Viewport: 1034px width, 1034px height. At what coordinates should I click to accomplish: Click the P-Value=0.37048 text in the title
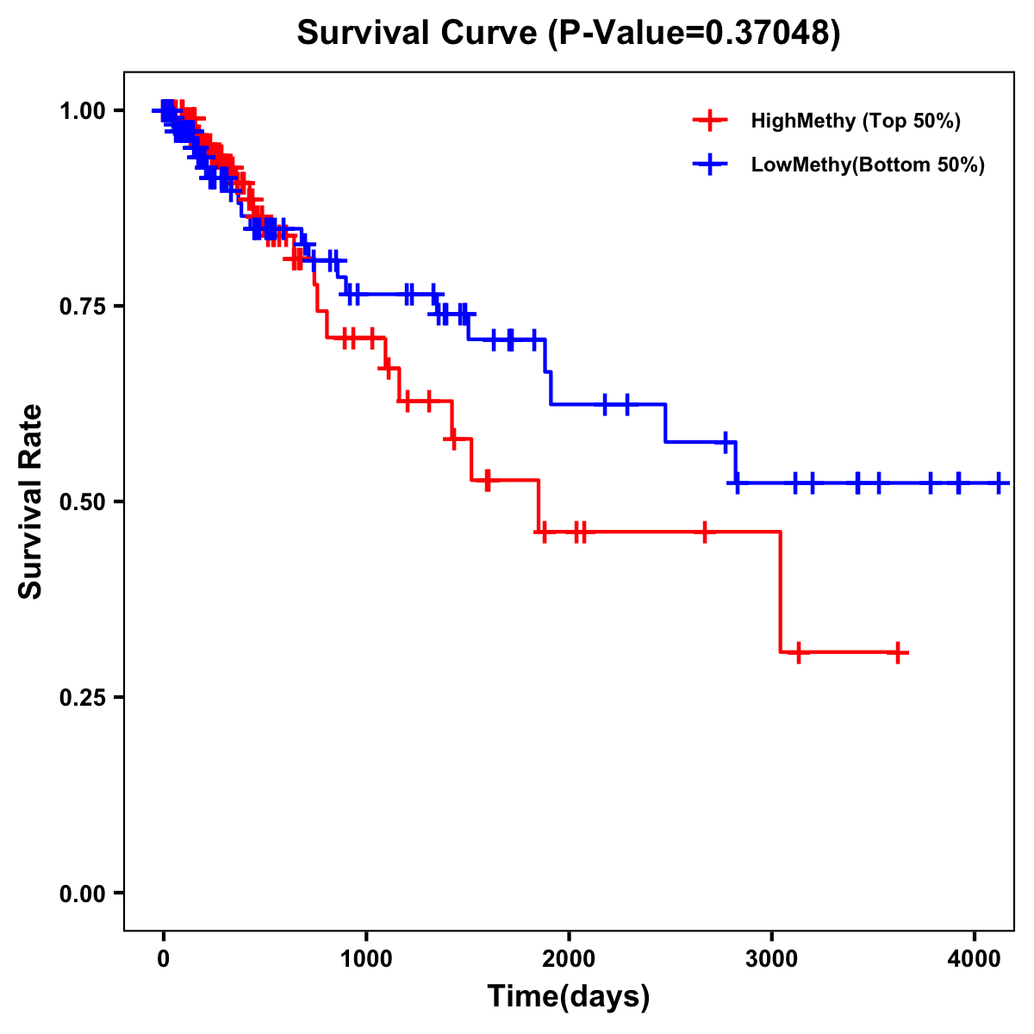pyautogui.click(x=696, y=34)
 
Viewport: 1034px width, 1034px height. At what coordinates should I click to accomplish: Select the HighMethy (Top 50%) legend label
pyautogui.click(x=855, y=121)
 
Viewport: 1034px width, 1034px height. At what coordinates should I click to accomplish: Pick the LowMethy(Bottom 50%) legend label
pyautogui.click(x=868, y=165)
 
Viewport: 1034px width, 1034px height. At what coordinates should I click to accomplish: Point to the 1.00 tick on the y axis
pyautogui.click(x=82, y=110)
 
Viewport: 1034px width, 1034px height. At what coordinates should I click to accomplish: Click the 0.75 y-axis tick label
pyautogui.click(x=82, y=306)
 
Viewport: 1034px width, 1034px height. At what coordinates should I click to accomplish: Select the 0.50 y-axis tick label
pyautogui.click(x=82, y=501)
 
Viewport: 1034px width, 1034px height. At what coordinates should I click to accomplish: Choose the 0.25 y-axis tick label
pyautogui.click(x=82, y=697)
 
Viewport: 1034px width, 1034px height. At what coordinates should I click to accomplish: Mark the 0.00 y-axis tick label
pyautogui.click(x=82, y=893)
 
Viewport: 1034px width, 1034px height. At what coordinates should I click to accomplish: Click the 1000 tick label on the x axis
pyautogui.click(x=366, y=957)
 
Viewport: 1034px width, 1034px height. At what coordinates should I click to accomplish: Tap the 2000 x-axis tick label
pyautogui.click(x=569, y=957)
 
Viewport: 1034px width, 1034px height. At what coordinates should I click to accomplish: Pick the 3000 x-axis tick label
pyautogui.click(x=771, y=957)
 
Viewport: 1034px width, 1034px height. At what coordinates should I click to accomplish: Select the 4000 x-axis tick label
pyautogui.click(x=975, y=957)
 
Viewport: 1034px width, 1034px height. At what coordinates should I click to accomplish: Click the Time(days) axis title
pyautogui.click(x=569, y=997)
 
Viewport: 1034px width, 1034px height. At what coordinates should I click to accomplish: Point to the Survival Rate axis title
pyautogui.click(x=32, y=501)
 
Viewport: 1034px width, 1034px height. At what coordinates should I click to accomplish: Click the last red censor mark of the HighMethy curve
pyautogui.click(x=898, y=652)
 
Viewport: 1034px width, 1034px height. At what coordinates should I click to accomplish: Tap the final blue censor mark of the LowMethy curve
pyautogui.click(x=998, y=483)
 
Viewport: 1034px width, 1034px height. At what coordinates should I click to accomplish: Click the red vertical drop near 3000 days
pyautogui.click(x=780, y=592)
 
